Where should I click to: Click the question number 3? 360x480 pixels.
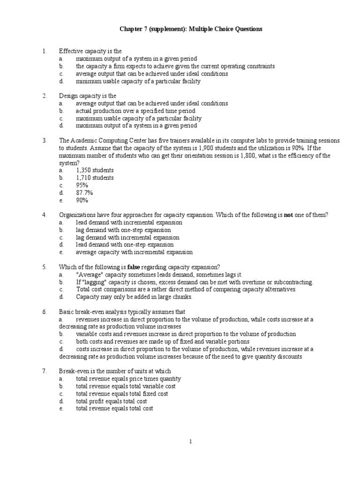(x=44, y=141)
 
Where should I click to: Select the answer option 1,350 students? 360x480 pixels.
(x=95, y=170)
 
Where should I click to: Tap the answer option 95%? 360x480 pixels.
(x=82, y=185)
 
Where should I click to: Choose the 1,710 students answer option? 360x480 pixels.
(x=95, y=178)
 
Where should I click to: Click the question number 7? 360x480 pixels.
(x=44, y=371)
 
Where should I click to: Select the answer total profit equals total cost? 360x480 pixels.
(x=111, y=401)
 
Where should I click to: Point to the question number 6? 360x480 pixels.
(x=44, y=312)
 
